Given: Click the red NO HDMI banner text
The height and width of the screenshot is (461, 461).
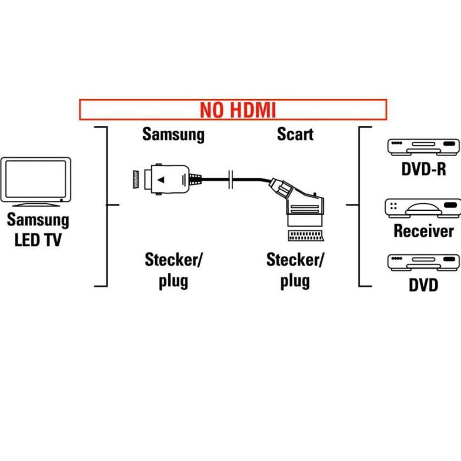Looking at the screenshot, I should tap(237, 110).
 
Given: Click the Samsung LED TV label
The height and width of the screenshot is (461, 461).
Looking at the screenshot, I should tap(38, 230).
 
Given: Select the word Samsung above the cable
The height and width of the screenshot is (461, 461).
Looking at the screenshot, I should tap(173, 134).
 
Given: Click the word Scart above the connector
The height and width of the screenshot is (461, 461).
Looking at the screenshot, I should tap(295, 134).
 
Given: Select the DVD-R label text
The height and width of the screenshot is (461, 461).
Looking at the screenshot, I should tap(423, 169).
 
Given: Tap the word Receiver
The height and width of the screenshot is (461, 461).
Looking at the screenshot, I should tap(423, 230).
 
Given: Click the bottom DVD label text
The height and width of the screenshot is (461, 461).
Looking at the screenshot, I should tap(423, 285).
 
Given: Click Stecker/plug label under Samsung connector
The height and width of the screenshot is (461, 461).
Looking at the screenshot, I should tap(173, 270).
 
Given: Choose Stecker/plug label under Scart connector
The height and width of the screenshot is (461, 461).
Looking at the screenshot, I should tap(295, 270).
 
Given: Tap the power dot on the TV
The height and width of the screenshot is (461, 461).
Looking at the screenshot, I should tap(60, 200).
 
